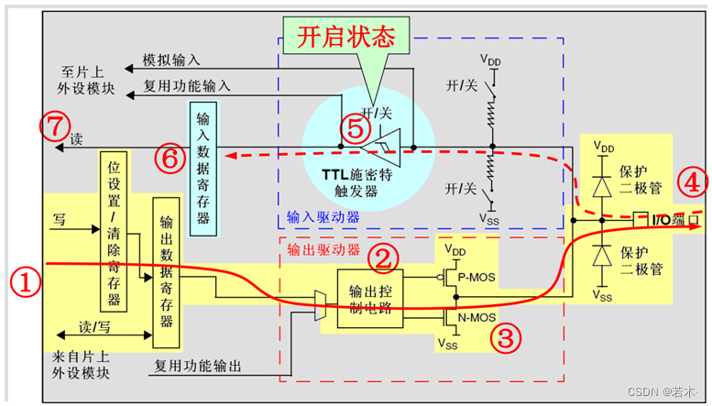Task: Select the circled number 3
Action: click(x=505, y=337)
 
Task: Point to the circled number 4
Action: click(x=693, y=182)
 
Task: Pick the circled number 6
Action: click(x=170, y=159)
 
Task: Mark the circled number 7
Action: click(x=55, y=126)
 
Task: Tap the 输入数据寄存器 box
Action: click(x=203, y=164)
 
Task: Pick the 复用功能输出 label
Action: click(x=197, y=367)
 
